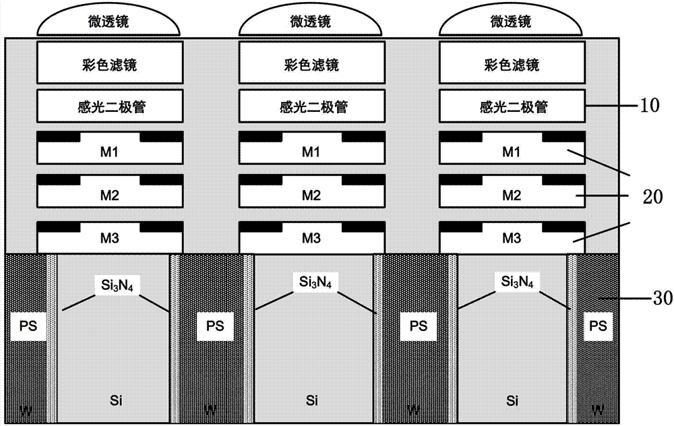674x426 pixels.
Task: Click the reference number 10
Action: click(x=652, y=106)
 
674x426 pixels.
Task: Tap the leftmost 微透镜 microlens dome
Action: click(x=109, y=22)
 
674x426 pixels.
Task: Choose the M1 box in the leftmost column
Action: click(x=109, y=151)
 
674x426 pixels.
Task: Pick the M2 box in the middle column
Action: click(x=310, y=195)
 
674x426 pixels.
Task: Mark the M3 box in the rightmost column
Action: click(x=511, y=238)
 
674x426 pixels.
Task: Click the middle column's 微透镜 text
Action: click(x=310, y=22)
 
